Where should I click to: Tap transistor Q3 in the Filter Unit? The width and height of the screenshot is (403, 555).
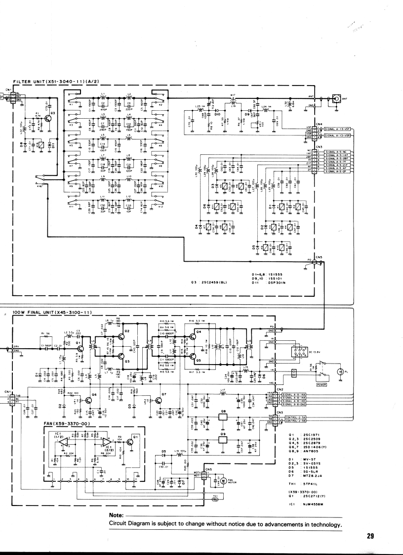pyautogui.click(x=48, y=119)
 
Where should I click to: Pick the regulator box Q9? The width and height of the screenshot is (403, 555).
pyautogui.click(x=223, y=438)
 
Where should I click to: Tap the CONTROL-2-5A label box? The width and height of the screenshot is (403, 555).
pyautogui.click(x=298, y=418)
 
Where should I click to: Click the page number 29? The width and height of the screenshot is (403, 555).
pyautogui.click(x=371, y=535)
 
